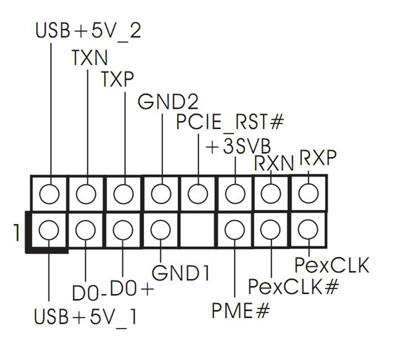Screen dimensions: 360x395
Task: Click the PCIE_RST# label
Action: [228, 123]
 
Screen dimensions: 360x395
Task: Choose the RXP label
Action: [317, 159]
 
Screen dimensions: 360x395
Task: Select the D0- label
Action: [88, 290]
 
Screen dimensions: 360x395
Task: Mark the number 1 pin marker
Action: [14, 233]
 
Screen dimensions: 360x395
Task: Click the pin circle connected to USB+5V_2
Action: [49, 194]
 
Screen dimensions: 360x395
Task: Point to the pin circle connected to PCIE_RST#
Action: [197, 194]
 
